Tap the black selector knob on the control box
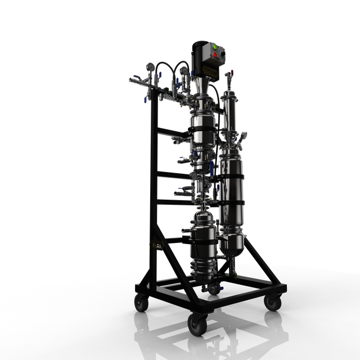pyautogui.click(x=220, y=56)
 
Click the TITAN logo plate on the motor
pyautogui.click(x=210, y=70)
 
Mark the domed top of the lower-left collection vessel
pyautogui.click(x=202, y=216)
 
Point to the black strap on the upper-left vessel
pyautogui.click(x=201, y=130)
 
